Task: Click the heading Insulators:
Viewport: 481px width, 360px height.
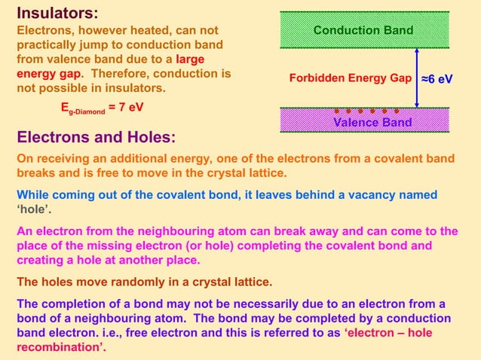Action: point(57,12)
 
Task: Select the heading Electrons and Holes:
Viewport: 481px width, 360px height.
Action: point(96,138)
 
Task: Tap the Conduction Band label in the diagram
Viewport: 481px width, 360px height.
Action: point(363,30)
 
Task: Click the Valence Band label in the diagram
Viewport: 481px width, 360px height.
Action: point(372,122)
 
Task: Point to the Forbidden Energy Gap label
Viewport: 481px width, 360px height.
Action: point(350,78)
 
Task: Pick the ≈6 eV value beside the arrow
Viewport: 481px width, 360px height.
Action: point(437,78)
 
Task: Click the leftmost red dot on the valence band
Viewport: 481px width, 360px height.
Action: point(337,112)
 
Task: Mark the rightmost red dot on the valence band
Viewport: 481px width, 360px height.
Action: point(397,112)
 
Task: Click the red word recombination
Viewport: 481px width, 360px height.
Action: point(58,347)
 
